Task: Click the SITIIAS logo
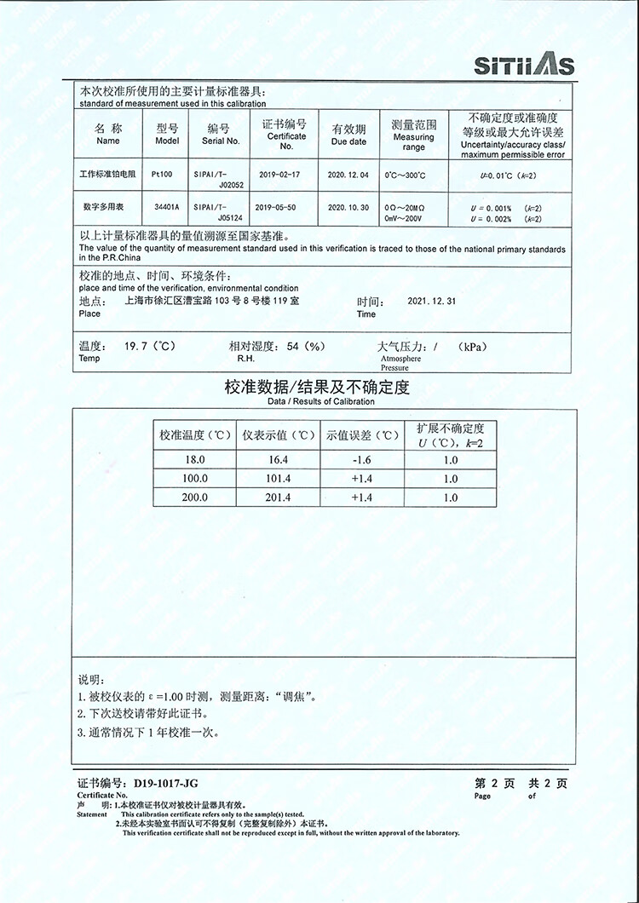(x=523, y=65)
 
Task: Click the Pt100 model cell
(x=162, y=174)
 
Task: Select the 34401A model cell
(x=167, y=207)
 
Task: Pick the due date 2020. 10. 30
(x=348, y=207)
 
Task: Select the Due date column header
(x=348, y=135)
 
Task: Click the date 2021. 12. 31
(x=432, y=302)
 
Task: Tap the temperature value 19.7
(x=136, y=347)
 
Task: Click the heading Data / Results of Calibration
(x=320, y=401)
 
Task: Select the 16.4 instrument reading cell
(x=278, y=460)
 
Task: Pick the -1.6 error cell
(x=361, y=460)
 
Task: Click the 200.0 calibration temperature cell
(x=194, y=498)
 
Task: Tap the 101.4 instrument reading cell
(x=278, y=479)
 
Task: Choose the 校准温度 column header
(x=195, y=435)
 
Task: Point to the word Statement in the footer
(x=92, y=814)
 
